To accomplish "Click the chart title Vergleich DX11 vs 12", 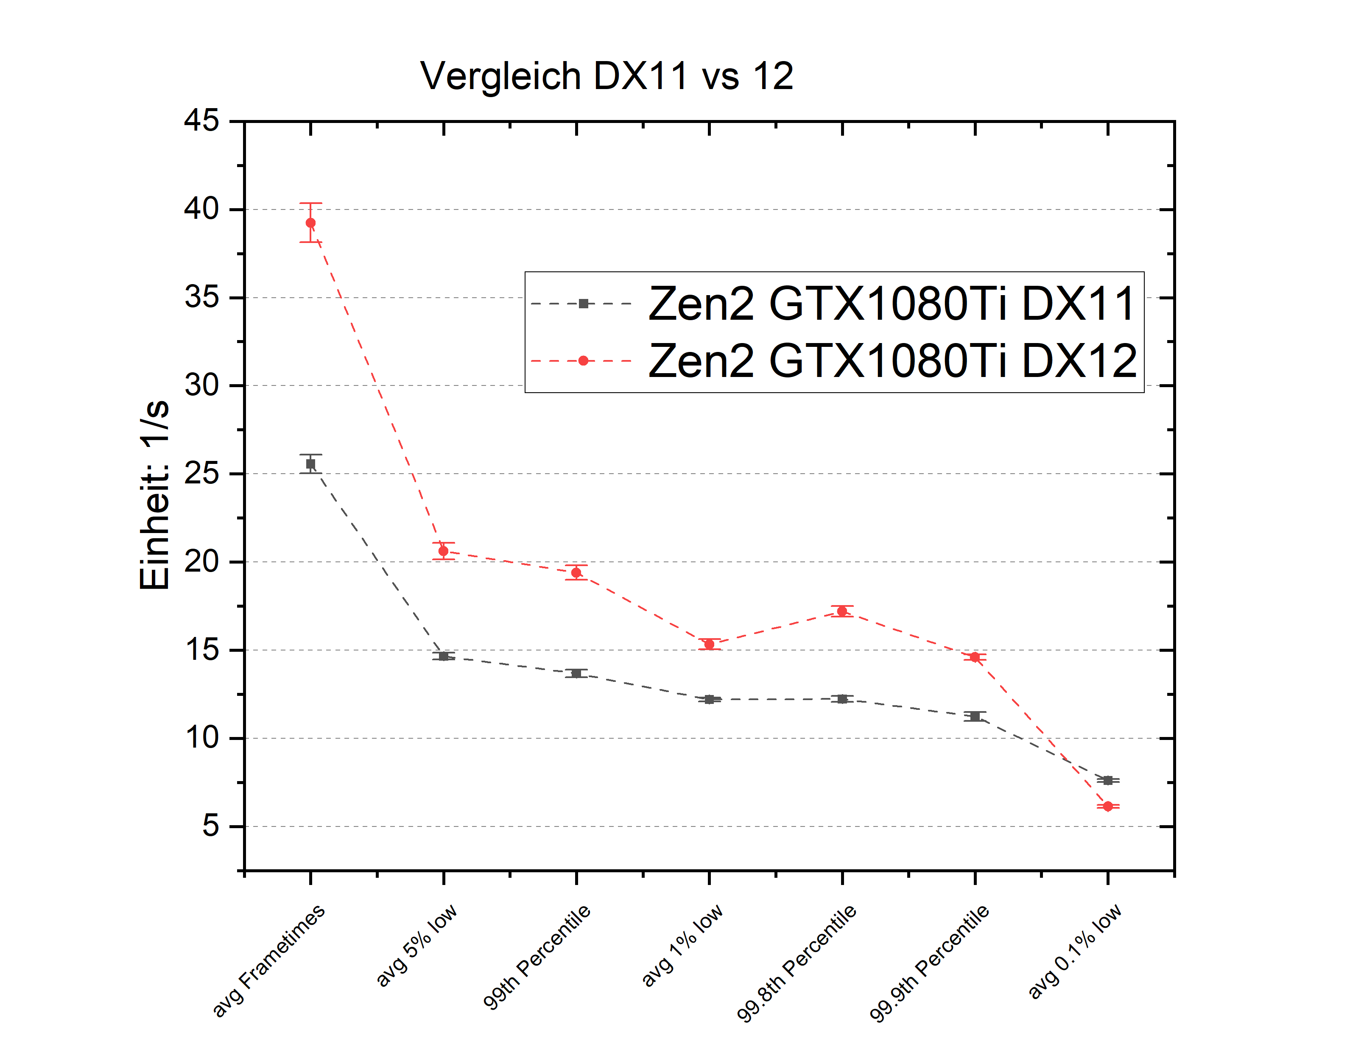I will pyautogui.click(x=607, y=76).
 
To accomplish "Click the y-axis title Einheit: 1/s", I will pyautogui.click(x=154, y=494).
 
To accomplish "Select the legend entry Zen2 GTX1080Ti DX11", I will pyautogui.click(x=892, y=304).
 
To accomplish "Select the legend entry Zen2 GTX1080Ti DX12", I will pyautogui.click(x=892, y=361).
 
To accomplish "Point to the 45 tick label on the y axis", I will pyautogui.click(x=201, y=120).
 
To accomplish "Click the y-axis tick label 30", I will pyautogui.click(x=201, y=385).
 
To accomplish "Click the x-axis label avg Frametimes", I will pyautogui.click(x=268, y=960).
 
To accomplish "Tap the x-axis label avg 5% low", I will pyautogui.click(x=416, y=945).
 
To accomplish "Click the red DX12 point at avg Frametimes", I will pyautogui.click(x=311, y=223).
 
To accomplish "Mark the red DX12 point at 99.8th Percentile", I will pyautogui.click(x=842, y=611).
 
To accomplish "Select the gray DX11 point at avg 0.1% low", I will pyautogui.click(x=1107, y=781).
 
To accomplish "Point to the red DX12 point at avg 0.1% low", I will pyautogui.click(x=1107, y=806).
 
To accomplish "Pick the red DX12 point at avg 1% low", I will pyautogui.click(x=709, y=645).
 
